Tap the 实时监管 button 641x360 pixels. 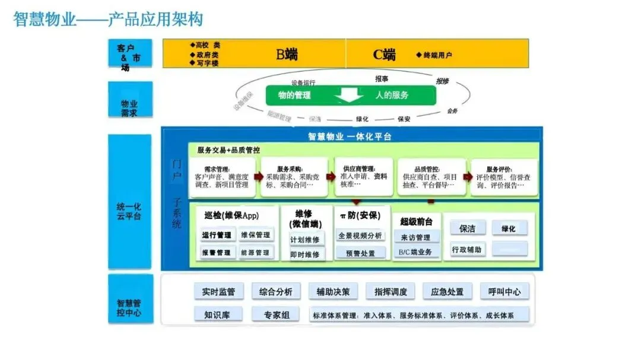coord(218,291)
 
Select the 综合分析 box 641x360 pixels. coord(276,291)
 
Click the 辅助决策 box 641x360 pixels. coord(333,291)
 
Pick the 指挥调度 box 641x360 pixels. coord(391,291)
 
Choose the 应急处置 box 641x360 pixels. coord(448,291)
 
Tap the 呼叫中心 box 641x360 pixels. coord(504,291)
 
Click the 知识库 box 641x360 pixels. coord(218,314)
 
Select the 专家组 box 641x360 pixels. coord(277,314)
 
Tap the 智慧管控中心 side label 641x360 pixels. coord(130,299)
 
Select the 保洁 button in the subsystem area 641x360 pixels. coord(467,228)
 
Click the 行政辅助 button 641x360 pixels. coord(467,249)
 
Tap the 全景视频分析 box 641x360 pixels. coord(360,235)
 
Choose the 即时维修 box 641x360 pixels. coord(305,254)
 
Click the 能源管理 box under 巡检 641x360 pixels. coord(256,252)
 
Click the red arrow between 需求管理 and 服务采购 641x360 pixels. coord(258,176)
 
